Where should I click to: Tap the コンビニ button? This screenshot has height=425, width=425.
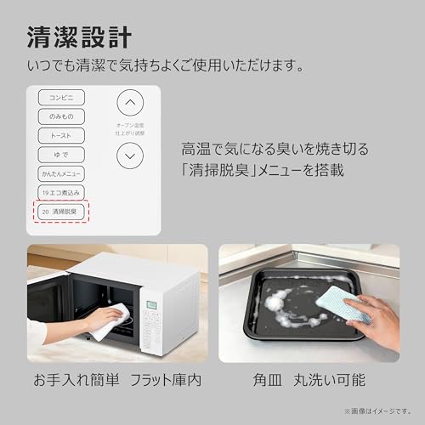[x=61, y=97]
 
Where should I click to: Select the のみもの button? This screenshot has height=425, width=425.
[x=61, y=116]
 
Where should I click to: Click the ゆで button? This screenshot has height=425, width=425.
[x=61, y=155]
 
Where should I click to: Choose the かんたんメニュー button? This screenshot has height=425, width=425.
[x=61, y=173]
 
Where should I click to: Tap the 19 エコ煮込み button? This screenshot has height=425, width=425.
[x=61, y=192]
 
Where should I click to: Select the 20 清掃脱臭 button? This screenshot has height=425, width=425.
[x=61, y=211]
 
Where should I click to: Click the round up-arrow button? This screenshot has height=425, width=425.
[x=129, y=104]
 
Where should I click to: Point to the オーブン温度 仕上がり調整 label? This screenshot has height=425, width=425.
[x=129, y=129]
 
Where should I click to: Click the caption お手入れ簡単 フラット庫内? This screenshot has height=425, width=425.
[x=116, y=378]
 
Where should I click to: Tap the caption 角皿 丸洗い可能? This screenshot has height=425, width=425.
[x=309, y=378]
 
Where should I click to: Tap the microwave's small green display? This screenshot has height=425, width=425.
[x=153, y=305]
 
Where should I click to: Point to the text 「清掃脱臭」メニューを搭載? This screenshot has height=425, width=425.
[x=262, y=170]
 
